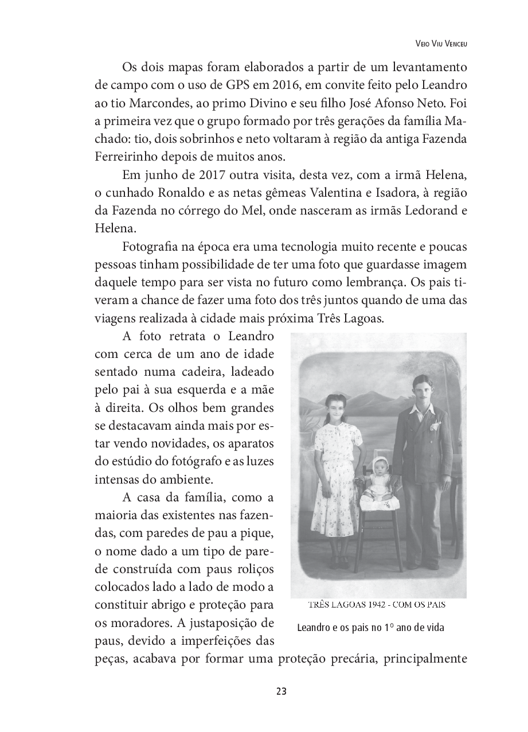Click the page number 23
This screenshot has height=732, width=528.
[x=281, y=691]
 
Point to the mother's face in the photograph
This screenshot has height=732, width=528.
[x=334, y=408]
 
